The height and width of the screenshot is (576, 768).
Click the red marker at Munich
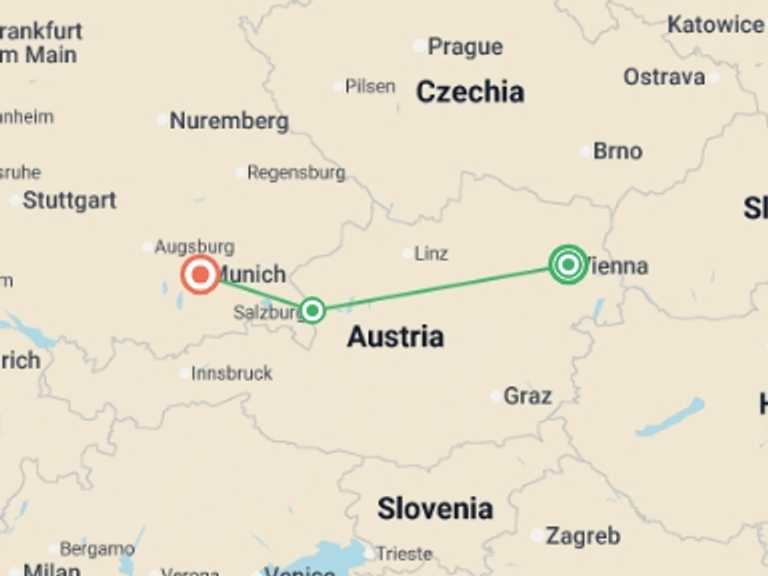tap(200, 273)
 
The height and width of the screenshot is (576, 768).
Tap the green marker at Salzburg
tap(312, 310)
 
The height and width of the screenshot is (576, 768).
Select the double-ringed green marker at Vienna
tap(568, 265)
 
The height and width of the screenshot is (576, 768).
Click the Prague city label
tap(464, 46)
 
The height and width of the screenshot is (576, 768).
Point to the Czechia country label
tap(469, 92)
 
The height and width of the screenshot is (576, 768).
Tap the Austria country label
tap(395, 337)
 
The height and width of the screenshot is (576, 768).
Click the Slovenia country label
tap(435, 508)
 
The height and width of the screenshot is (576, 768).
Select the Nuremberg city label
tap(229, 121)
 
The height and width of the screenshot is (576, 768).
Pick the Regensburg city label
tap(296, 173)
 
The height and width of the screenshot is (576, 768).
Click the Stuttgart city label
tap(69, 200)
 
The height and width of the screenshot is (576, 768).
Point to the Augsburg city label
tap(195, 246)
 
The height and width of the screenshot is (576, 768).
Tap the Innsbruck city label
tap(232, 373)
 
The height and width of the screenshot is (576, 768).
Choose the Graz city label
tap(527, 396)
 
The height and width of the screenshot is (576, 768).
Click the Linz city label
tap(431, 254)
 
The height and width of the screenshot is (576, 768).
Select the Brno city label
tap(617, 151)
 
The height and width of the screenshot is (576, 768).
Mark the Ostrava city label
tap(664, 77)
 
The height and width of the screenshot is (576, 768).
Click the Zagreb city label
tap(583, 536)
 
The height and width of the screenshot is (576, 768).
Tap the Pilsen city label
tap(370, 87)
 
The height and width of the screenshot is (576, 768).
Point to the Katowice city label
tap(714, 25)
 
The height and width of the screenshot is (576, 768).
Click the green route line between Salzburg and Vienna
tap(440, 287)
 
